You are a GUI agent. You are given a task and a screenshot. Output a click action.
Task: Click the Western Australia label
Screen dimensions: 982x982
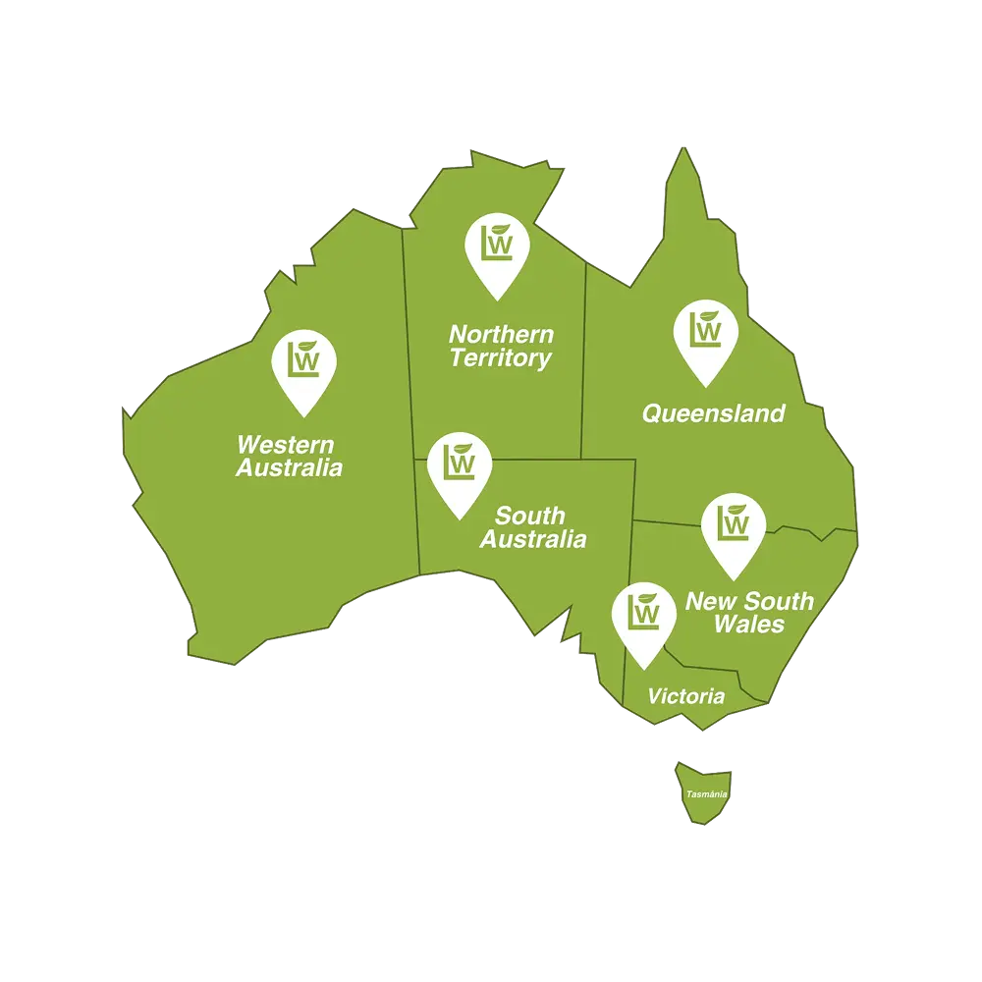coord(289,456)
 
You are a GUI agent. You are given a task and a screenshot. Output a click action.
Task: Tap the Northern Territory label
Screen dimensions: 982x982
coord(501,347)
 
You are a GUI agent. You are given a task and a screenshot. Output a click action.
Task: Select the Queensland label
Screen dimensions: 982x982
coord(713,413)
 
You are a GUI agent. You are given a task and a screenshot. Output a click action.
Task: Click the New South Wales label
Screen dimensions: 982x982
coord(749,612)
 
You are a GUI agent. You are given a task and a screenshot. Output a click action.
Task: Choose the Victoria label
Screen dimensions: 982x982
coord(685,697)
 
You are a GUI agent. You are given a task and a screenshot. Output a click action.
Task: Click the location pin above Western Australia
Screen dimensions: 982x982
coord(303,366)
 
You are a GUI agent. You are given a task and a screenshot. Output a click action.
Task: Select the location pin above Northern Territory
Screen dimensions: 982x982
coord(497,251)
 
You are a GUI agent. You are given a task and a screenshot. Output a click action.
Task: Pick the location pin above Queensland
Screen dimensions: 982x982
coord(705,338)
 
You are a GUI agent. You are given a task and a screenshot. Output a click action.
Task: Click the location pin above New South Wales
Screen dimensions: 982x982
coord(734,530)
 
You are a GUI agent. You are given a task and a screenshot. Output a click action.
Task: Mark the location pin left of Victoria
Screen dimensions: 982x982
coord(643,618)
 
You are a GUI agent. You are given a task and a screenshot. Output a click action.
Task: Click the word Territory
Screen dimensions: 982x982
coord(501,358)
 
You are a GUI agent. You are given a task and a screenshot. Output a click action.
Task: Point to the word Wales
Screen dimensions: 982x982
coord(749,625)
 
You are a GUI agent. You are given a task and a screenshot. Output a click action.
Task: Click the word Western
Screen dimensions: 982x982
coord(285,444)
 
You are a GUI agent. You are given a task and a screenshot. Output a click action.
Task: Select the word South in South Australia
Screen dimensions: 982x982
coord(530,516)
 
